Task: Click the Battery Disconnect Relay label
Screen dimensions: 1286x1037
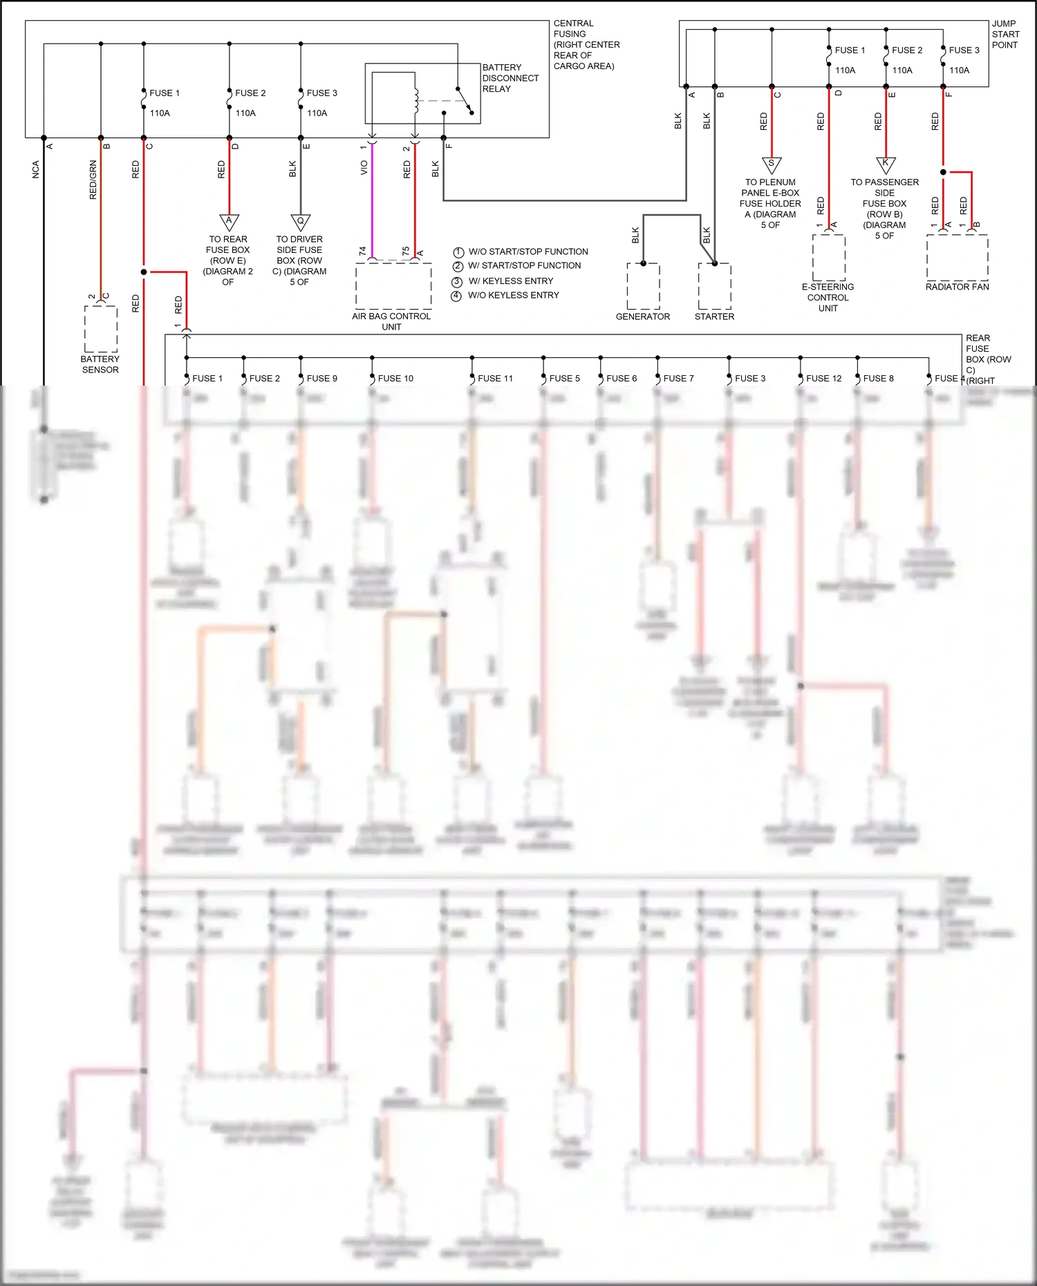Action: click(510, 78)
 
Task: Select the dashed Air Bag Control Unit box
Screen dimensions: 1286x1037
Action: click(393, 285)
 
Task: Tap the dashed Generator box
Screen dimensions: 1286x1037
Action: click(643, 286)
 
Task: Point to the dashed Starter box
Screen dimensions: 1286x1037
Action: click(714, 286)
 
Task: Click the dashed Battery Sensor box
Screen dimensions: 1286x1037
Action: click(101, 328)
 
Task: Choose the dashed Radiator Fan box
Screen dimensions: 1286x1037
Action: click(957, 257)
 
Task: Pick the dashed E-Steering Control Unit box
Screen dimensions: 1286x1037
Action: click(828, 257)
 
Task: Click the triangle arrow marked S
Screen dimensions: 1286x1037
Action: click(772, 164)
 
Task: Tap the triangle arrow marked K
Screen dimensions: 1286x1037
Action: click(886, 164)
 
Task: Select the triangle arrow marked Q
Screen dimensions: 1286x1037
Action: click(300, 222)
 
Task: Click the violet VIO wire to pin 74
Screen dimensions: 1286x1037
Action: click(372, 200)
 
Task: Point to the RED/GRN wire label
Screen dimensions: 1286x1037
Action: click(93, 180)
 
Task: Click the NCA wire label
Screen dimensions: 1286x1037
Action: click(36, 170)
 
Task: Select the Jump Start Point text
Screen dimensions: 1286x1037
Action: click(1005, 34)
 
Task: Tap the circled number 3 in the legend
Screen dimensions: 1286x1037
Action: click(456, 282)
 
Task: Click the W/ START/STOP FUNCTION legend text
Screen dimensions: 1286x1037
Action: click(525, 265)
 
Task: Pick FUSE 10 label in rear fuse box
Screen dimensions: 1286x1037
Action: click(395, 379)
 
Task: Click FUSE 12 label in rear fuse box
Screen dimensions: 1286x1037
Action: click(823, 379)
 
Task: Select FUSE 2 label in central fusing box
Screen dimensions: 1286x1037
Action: click(250, 93)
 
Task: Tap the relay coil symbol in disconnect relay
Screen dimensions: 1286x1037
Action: click(416, 101)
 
